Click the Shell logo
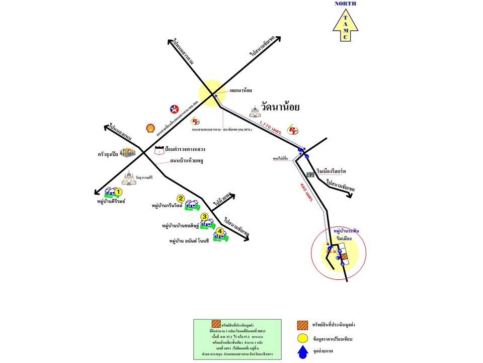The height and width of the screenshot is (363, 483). point(150,128)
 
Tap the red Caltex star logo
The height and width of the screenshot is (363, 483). point(174,108)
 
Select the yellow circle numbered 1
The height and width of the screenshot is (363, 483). point(118,192)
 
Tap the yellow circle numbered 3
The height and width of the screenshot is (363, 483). point(204,217)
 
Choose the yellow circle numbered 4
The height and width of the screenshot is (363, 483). point(219,231)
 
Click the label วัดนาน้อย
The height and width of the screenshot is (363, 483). point(280,107)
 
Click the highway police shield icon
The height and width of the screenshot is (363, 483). point(159,150)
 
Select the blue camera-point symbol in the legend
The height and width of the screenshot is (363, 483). point(302,352)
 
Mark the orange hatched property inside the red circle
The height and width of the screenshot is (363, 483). point(344,257)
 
